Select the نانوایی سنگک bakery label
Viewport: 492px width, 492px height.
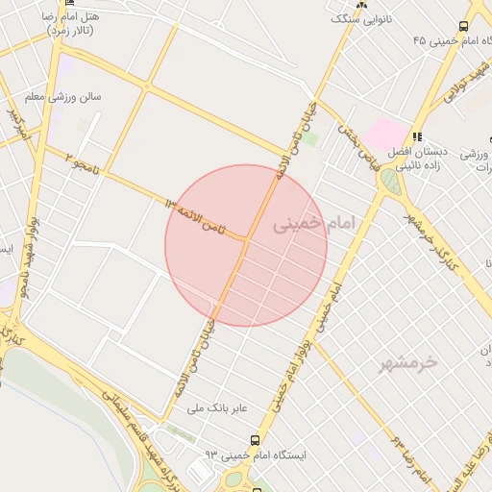coord(361,18)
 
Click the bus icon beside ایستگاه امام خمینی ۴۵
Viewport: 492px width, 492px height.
coord(464,27)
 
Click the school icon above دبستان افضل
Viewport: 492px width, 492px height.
coord(417,137)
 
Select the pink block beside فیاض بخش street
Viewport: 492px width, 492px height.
coord(387,134)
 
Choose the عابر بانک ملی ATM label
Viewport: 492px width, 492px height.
coord(218,408)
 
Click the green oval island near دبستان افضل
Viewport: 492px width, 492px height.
coord(390,181)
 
